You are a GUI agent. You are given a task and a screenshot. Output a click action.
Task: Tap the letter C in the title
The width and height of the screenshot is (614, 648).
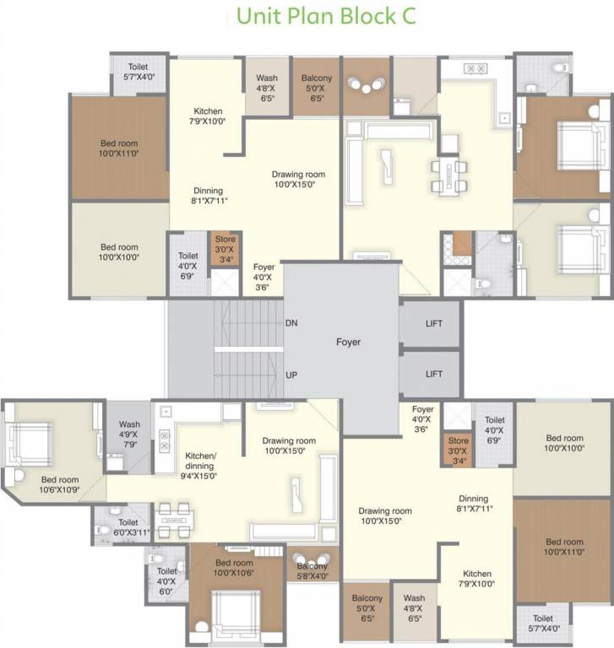407,17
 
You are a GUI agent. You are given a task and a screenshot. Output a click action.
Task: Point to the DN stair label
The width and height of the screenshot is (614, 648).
291,323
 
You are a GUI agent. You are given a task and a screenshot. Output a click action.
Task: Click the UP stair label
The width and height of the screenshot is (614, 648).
291,374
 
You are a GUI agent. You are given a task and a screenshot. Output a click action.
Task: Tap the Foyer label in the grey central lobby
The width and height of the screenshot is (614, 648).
348,343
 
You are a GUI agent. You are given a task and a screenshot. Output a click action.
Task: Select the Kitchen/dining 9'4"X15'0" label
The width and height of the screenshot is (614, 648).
201,466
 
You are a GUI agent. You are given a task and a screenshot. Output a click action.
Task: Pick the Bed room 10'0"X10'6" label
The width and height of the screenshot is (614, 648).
234,568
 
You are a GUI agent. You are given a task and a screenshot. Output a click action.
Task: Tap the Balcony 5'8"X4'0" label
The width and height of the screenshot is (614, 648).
312,571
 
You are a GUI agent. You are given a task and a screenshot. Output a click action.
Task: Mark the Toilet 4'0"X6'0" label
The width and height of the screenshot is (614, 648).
166,580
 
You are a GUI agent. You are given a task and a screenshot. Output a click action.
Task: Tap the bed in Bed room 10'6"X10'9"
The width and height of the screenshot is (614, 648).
32,440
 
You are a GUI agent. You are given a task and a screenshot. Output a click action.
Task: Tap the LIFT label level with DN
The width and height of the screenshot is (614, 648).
434,324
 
